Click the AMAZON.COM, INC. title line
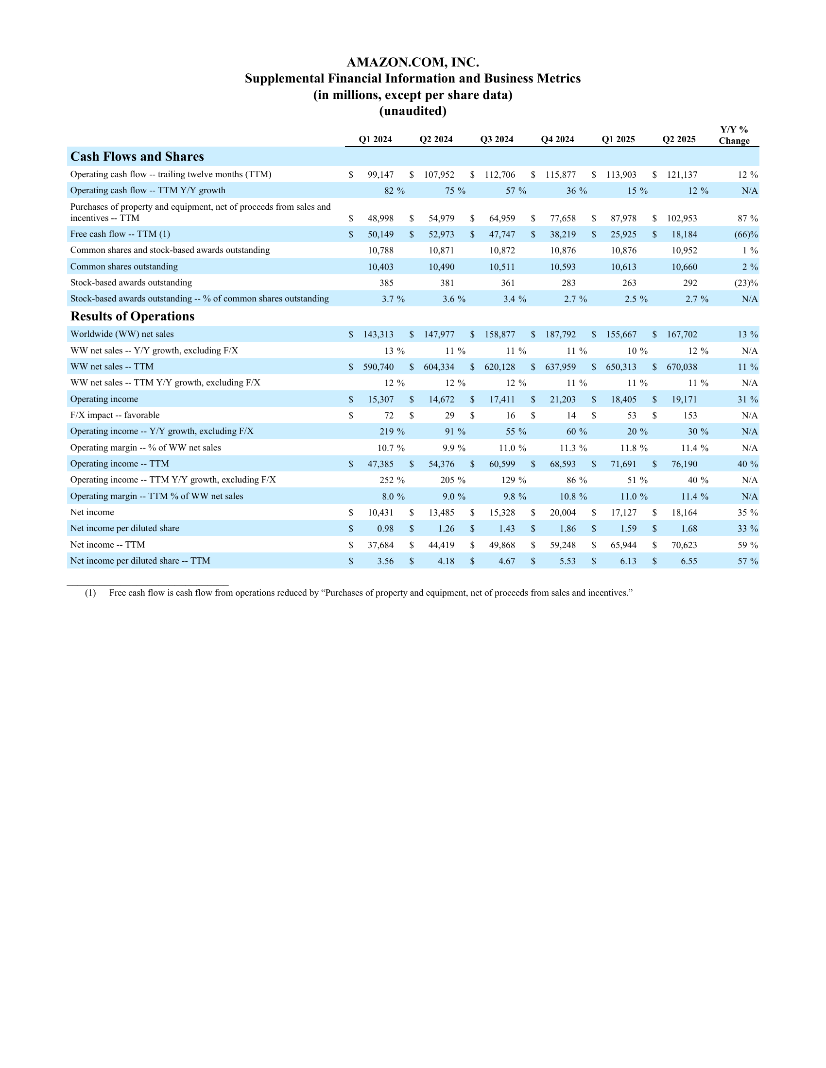413,63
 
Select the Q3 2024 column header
496,139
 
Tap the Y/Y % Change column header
734,135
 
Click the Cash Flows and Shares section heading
137,156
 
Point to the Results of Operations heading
132,317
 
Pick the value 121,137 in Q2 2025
682,175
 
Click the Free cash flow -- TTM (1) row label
120,234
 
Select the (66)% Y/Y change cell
745,235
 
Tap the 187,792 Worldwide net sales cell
560,334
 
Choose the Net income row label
92,513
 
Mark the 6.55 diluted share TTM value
688,561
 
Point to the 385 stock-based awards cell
386,283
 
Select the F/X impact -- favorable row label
115,415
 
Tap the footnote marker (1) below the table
90,593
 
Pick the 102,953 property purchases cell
682,218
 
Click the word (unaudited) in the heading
413,111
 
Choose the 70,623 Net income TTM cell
684,545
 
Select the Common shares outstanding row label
124,267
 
